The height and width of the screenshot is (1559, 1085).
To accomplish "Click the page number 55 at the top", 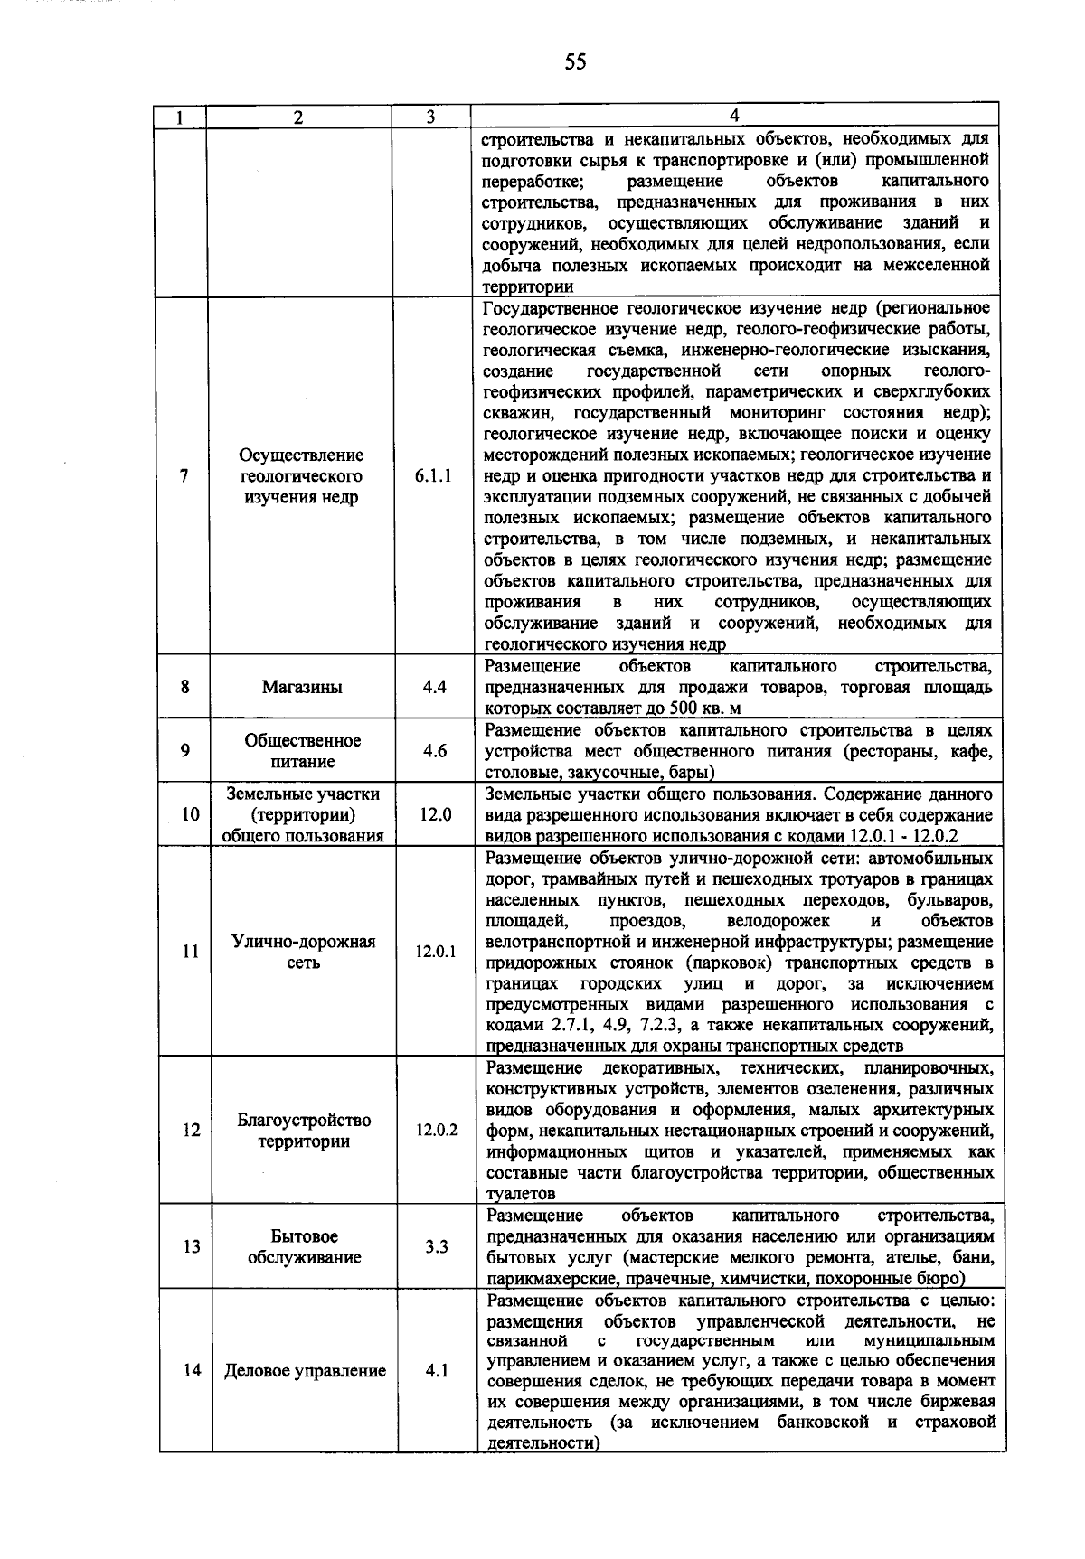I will click(575, 61).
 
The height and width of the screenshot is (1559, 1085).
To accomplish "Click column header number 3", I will click(431, 117).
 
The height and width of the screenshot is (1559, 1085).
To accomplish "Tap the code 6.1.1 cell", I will click(433, 476).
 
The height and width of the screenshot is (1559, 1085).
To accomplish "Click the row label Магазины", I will click(302, 687).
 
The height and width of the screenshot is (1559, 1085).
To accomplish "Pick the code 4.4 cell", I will click(434, 687).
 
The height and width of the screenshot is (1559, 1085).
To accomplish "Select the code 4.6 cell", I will click(435, 751).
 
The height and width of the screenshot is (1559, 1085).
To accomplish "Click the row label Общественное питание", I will click(302, 751).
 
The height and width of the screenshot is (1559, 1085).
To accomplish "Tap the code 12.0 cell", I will click(435, 814).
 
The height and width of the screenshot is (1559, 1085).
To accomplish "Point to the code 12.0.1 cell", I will click(436, 952).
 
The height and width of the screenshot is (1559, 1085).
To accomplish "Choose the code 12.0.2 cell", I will click(437, 1131).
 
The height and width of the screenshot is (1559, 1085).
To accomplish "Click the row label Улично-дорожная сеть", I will click(304, 952).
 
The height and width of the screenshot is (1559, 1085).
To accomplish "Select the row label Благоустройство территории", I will click(304, 1131).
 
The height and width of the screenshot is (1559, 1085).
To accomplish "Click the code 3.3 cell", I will click(437, 1247).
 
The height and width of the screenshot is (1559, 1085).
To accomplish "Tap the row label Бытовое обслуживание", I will click(304, 1247).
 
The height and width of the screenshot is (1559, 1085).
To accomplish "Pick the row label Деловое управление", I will click(306, 1371).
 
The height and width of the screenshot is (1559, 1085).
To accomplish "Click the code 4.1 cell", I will click(438, 1371).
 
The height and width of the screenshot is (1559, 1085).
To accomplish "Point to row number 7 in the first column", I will click(184, 476).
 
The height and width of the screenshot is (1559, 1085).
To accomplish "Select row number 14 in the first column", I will click(191, 1371).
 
